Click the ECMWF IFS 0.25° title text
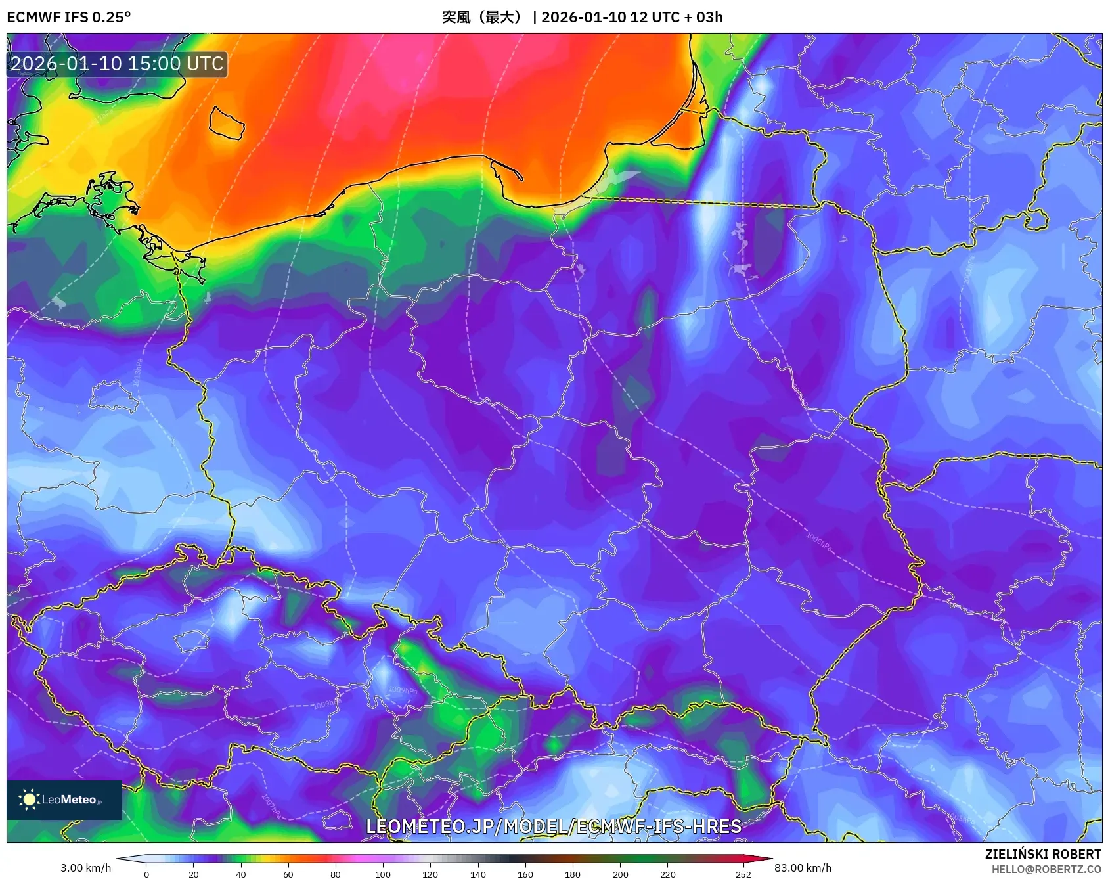pos(69,17)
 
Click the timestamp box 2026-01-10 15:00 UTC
pos(117,64)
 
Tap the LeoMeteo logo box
pos(64,800)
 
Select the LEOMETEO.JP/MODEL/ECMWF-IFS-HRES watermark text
pos(554,826)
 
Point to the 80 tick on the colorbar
pos(336,874)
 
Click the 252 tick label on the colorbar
pos(743,874)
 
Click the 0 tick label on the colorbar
pos(146,874)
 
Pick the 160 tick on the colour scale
pos(525,874)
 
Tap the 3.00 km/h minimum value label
pos(85,868)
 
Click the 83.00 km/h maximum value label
pos(803,868)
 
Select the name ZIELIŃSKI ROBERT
pos(1042,854)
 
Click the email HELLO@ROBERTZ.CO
pos(1046,869)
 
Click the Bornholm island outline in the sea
pos(227,123)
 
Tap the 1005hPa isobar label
pos(818,541)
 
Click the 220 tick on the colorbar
pos(668,874)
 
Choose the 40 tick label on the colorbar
pos(241,874)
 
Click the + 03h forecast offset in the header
pos(703,17)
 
